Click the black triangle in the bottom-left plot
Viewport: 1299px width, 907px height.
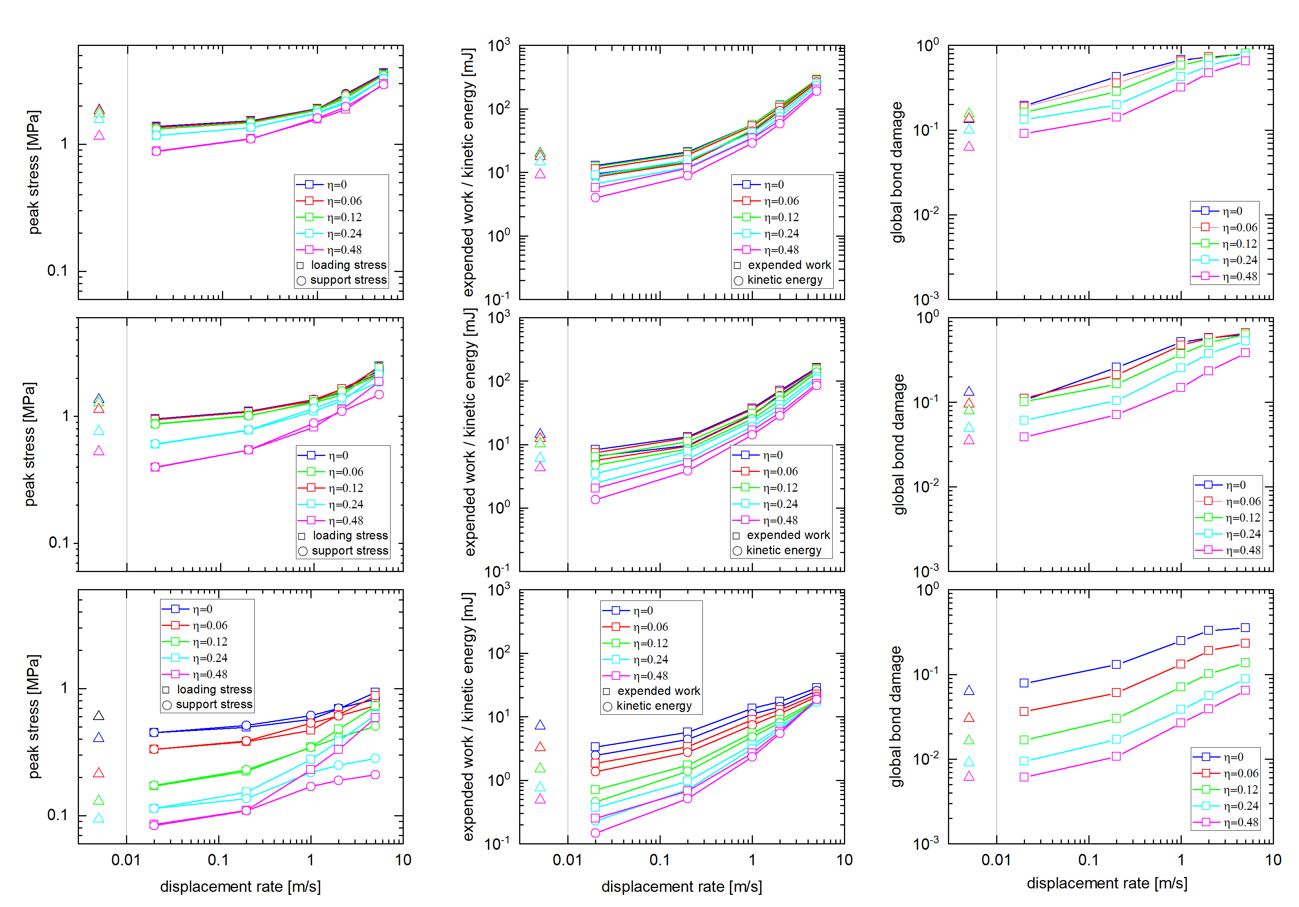tap(98, 716)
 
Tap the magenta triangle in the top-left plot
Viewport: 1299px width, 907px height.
tap(99, 135)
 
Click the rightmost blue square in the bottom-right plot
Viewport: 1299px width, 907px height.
tap(1245, 628)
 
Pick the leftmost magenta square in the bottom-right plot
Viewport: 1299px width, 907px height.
tap(1024, 777)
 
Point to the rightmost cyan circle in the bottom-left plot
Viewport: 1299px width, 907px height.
tap(375, 758)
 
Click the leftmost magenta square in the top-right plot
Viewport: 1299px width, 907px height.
tap(1024, 134)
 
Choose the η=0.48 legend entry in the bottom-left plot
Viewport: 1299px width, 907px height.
tap(195, 674)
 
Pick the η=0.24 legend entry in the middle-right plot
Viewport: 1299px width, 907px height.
tap(1228, 534)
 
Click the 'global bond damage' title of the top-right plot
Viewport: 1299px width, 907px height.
tap(897, 173)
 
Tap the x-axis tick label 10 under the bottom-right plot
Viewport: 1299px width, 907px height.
tap(1273, 860)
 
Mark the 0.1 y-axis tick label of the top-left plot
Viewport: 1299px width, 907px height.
tap(58, 271)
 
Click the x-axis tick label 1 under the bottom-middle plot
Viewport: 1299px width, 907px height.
tap(752, 860)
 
